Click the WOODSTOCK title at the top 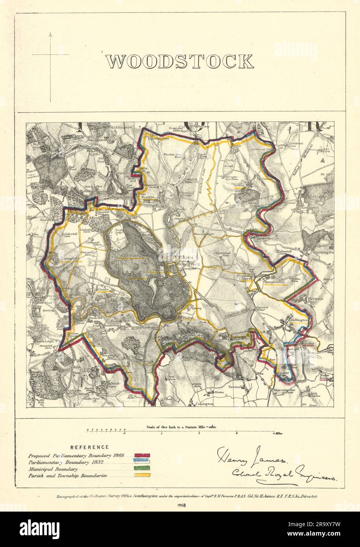coord(179,61)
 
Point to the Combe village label coord(103,289)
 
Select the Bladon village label coord(186,317)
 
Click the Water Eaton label coord(324,378)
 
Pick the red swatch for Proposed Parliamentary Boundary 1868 coord(142,456)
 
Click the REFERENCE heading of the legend coord(89,447)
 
